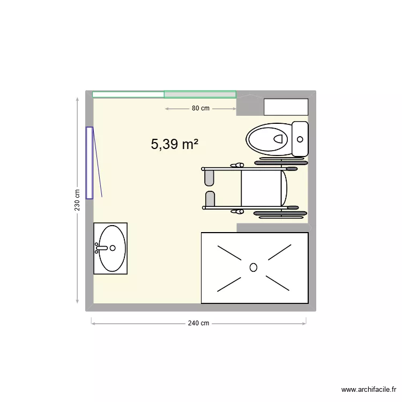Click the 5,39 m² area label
click(175, 144)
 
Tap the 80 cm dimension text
click(200, 108)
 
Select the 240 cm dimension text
click(198, 323)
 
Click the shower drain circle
click(254, 267)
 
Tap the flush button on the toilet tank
click(300, 139)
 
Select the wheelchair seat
click(261, 188)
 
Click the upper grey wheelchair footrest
click(210, 177)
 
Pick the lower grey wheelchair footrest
click(210, 198)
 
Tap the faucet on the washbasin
click(105, 248)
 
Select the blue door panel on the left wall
click(90, 163)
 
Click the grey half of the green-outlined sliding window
click(200, 95)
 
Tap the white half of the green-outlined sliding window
click(128, 95)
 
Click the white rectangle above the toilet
click(286, 107)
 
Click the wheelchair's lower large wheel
click(279, 214)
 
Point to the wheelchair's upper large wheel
click(280, 161)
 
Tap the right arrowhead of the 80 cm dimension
click(234, 109)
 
